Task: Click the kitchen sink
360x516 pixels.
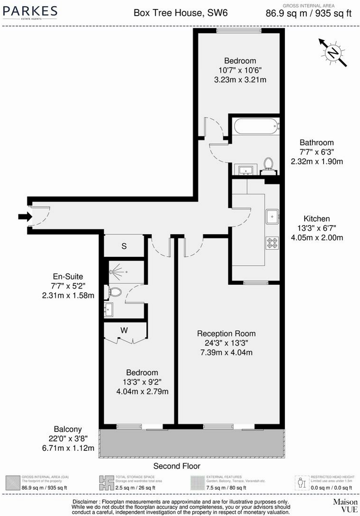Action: (272, 217)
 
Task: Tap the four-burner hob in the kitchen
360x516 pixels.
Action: (272, 243)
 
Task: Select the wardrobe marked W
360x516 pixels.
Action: (124, 331)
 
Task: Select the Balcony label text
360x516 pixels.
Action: (67, 429)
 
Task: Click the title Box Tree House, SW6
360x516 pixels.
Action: (181, 13)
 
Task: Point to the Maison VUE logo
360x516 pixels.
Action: (345, 505)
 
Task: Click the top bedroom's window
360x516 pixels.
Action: (239, 31)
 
